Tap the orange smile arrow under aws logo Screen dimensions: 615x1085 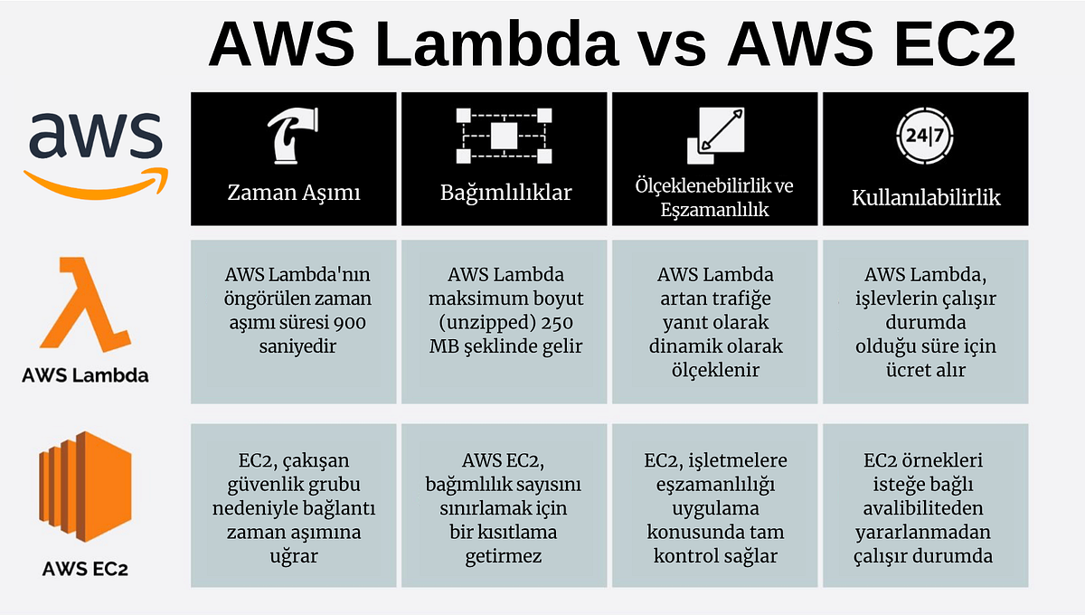96,181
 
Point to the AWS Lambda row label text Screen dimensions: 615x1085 85,374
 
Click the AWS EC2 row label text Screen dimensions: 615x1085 85,569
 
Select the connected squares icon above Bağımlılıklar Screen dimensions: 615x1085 505,136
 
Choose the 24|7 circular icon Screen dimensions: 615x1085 924,137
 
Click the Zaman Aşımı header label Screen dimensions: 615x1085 293,194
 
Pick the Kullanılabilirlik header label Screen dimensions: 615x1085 926,197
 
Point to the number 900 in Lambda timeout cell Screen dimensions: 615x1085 351,322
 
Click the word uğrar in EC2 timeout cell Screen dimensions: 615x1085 294,556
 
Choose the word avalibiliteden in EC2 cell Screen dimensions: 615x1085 924,508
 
